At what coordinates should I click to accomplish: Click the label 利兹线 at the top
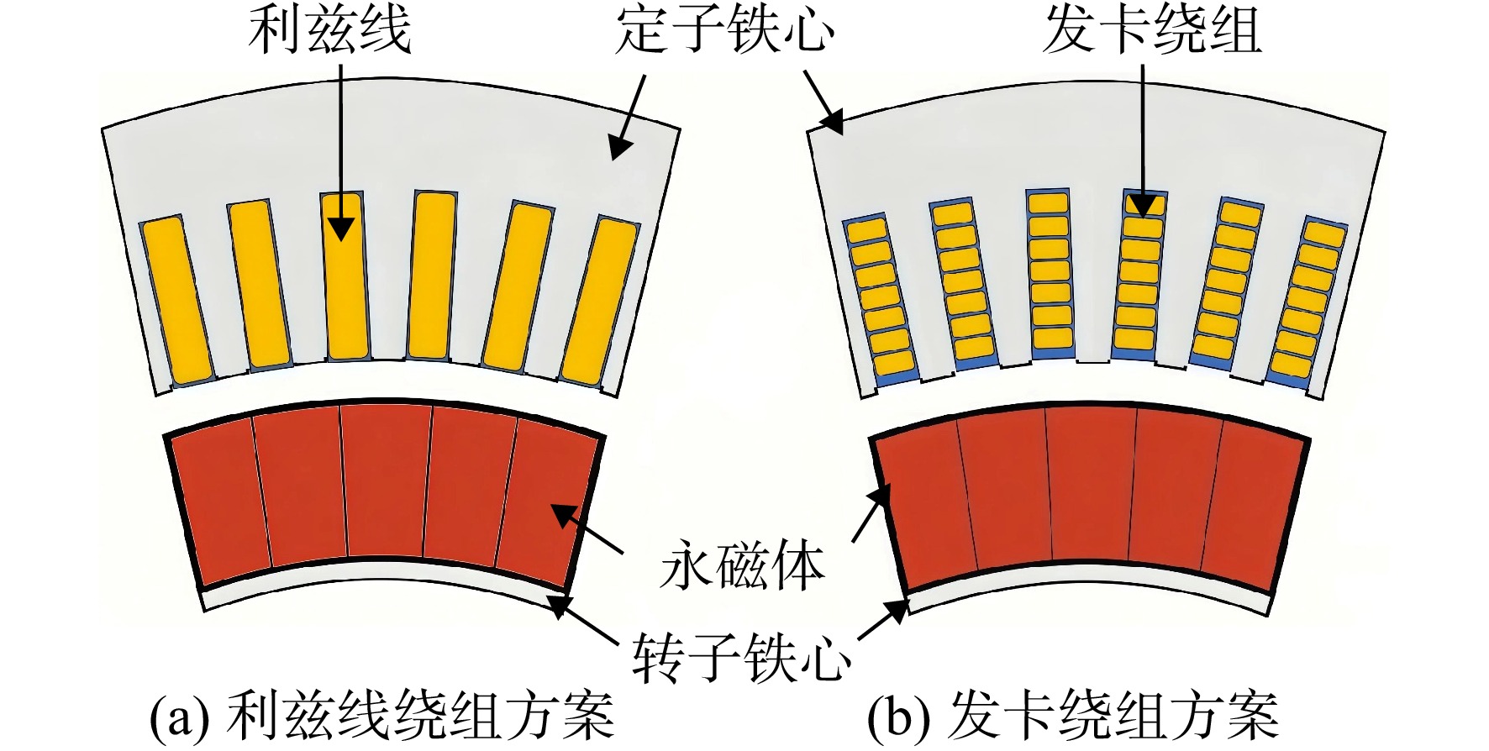[329, 32]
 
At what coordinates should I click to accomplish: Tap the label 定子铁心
[725, 32]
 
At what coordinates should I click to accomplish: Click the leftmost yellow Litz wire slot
[176, 301]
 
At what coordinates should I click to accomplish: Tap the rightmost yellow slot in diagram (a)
[599, 301]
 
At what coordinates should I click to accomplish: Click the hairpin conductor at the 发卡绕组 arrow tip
[1144, 203]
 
